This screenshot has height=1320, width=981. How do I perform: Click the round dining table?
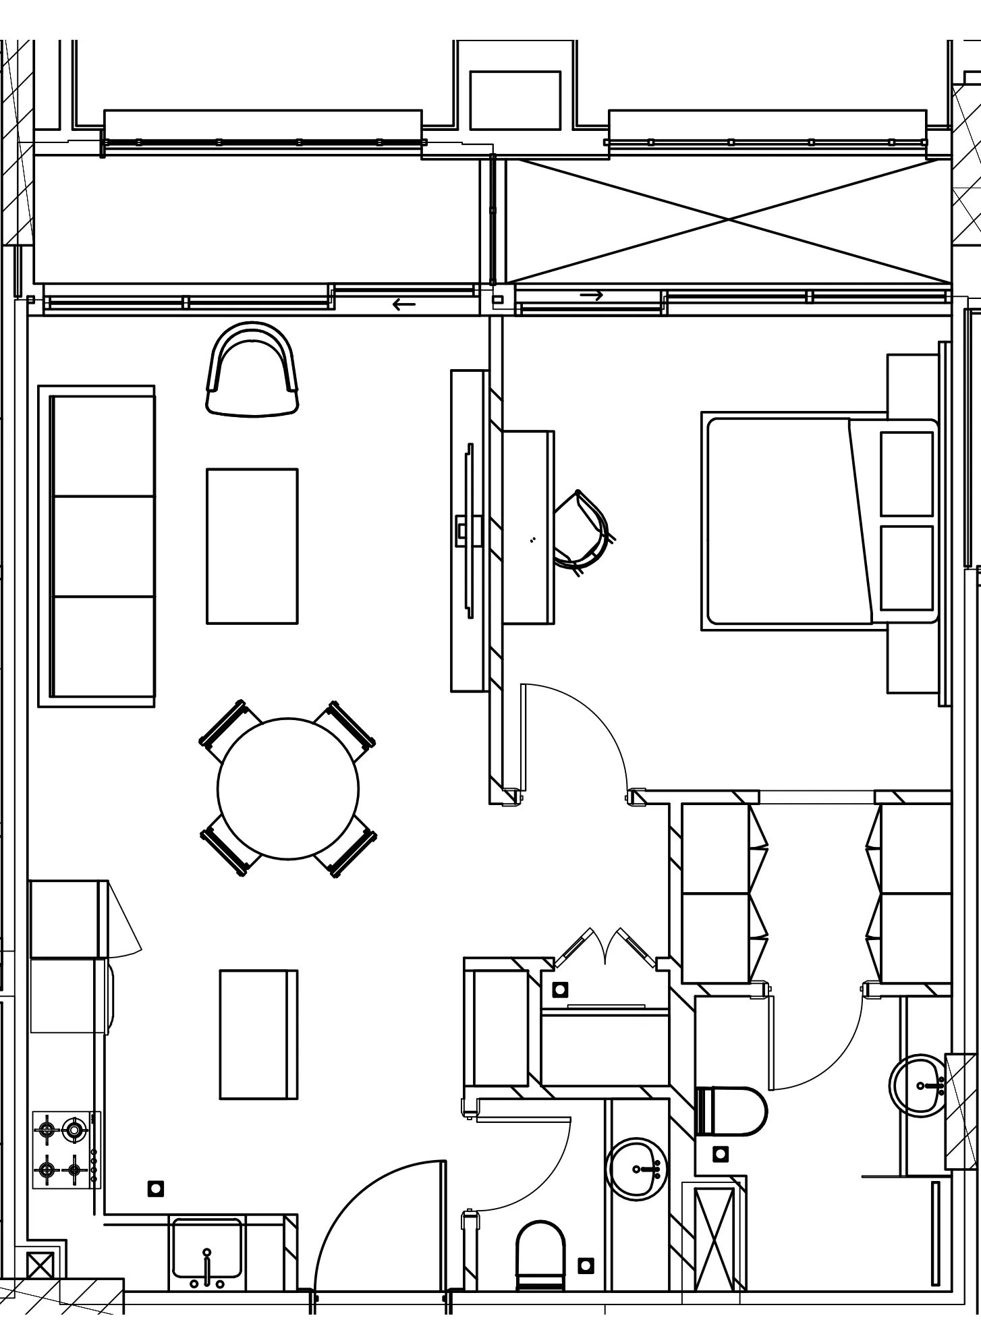coord(288,788)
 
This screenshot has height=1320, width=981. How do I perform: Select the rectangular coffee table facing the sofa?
coord(252,546)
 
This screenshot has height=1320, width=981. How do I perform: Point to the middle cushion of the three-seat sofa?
coord(104,547)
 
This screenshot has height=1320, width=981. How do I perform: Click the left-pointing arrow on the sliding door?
coord(404,304)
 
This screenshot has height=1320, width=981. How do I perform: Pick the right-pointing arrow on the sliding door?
coord(591,296)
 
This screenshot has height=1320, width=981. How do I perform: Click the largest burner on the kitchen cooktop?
coord(74,1130)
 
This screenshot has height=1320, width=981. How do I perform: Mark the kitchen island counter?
coord(258,1035)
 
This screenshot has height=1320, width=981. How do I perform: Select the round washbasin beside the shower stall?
coord(636,1170)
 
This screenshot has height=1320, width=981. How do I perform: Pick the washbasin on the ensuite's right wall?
coord(919,1086)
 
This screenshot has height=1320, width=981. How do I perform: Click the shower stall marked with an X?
coord(714,1239)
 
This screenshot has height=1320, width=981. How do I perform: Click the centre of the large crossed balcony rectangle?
coord(729,220)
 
